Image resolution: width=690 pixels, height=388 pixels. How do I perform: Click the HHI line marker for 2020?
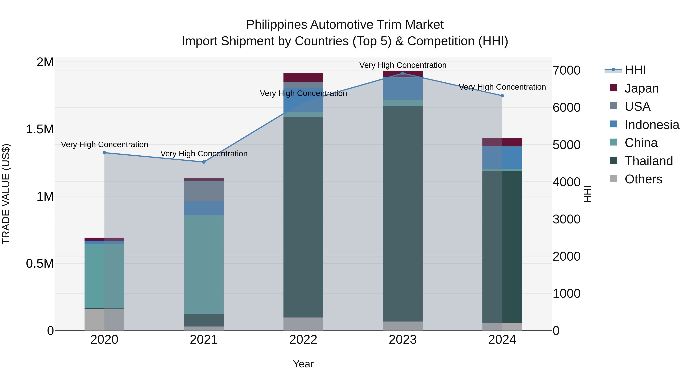click(x=104, y=153)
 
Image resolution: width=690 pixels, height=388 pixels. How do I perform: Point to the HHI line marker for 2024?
click(x=502, y=96)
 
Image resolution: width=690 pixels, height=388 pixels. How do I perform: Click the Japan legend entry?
click(x=642, y=88)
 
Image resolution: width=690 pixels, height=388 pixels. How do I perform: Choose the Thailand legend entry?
click(x=648, y=161)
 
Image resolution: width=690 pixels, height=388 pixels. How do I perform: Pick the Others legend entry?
click(x=643, y=179)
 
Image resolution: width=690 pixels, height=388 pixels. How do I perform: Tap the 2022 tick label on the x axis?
click(x=303, y=340)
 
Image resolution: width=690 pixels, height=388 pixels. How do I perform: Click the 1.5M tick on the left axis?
click(x=40, y=129)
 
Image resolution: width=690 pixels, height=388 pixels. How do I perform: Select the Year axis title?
click(x=303, y=364)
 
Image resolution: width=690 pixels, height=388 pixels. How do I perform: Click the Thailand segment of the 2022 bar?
click(x=303, y=217)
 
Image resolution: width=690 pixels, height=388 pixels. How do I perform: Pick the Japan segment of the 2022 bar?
click(x=303, y=77)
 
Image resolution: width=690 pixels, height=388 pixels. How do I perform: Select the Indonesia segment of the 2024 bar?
click(x=502, y=157)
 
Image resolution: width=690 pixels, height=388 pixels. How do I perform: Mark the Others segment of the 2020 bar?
click(x=104, y=320)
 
